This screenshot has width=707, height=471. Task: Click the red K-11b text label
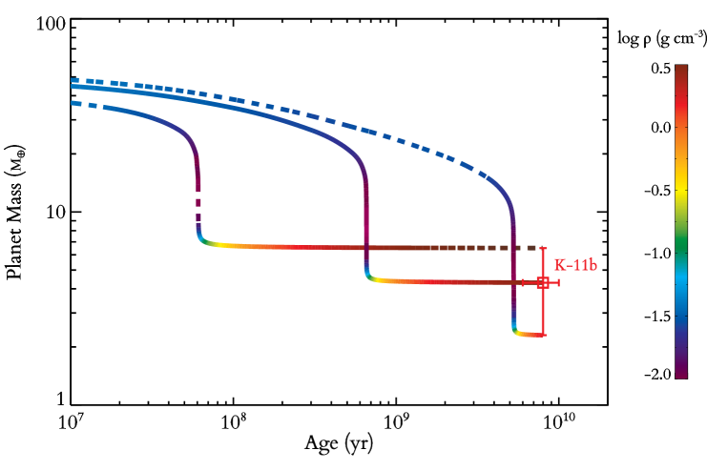click(575, 264)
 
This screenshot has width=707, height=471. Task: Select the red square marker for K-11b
click(543, 282)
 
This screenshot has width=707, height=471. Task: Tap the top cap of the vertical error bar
click(543, 249)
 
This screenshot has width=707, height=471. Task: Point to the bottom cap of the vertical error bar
click(543, 335)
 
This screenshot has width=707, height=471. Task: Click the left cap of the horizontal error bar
click(523, 282)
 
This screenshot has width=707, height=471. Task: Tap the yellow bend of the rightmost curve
click(519, 334)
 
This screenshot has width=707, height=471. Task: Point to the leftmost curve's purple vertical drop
click(197, 172)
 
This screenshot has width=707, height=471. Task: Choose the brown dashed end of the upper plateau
click(496, 248)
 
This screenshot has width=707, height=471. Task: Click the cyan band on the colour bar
click(681, 281)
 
